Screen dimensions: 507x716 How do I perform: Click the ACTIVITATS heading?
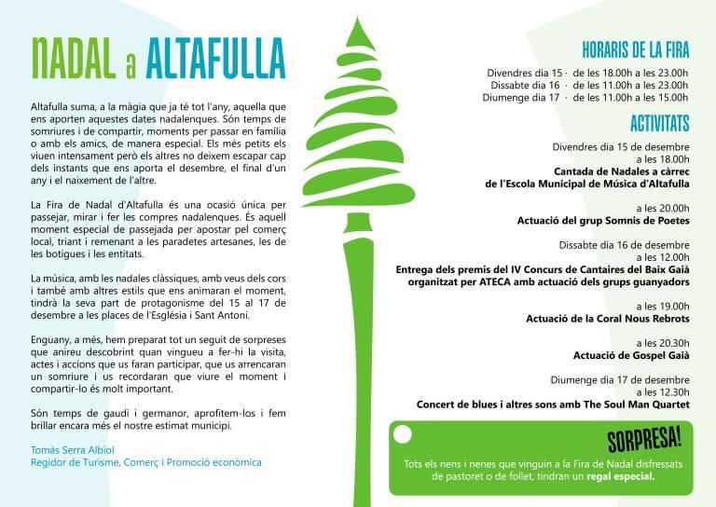point(659,123)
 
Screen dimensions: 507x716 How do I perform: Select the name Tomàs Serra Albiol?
point(73,449)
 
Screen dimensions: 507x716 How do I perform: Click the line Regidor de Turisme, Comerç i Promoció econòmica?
point(146,462)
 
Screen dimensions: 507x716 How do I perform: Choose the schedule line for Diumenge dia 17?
point(587,97)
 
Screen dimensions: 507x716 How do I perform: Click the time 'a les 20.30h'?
point(661,342)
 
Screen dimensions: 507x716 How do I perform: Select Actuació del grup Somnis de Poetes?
point(603,220)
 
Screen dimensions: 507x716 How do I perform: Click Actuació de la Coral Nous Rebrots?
point(607,318)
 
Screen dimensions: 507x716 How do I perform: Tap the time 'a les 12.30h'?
point(661,391)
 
